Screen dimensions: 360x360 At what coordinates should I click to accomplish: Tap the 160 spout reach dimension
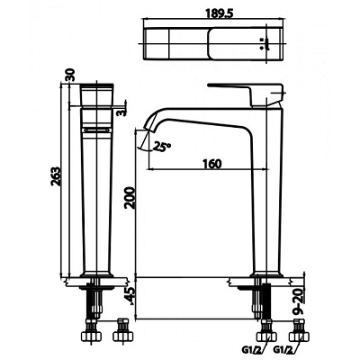(212, 164)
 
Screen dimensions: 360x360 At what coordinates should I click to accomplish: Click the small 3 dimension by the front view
(119, 112)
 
